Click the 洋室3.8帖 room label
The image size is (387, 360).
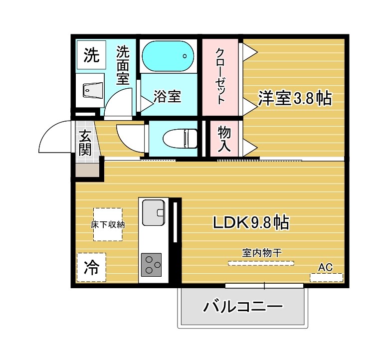tap(295, 98)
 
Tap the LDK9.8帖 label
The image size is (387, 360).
tap(250, 222)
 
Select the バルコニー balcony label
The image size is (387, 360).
tap(243, 306)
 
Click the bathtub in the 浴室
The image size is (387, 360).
tap(168, 56)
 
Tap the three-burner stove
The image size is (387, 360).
tap(152, 264)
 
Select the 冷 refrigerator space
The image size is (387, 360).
tap(91, 268)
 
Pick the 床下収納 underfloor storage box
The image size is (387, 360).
tap(107, 224)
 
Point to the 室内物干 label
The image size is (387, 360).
tap(262, 253)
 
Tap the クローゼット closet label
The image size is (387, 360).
tap(219, 76)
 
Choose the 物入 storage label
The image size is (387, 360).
tap(223, 138)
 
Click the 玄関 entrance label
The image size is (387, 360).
tap(85, 142)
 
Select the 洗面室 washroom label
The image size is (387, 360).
tap(123, 65)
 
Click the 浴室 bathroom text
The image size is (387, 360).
tap(167, 96)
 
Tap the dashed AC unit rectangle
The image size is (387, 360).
tap(326, 277)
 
